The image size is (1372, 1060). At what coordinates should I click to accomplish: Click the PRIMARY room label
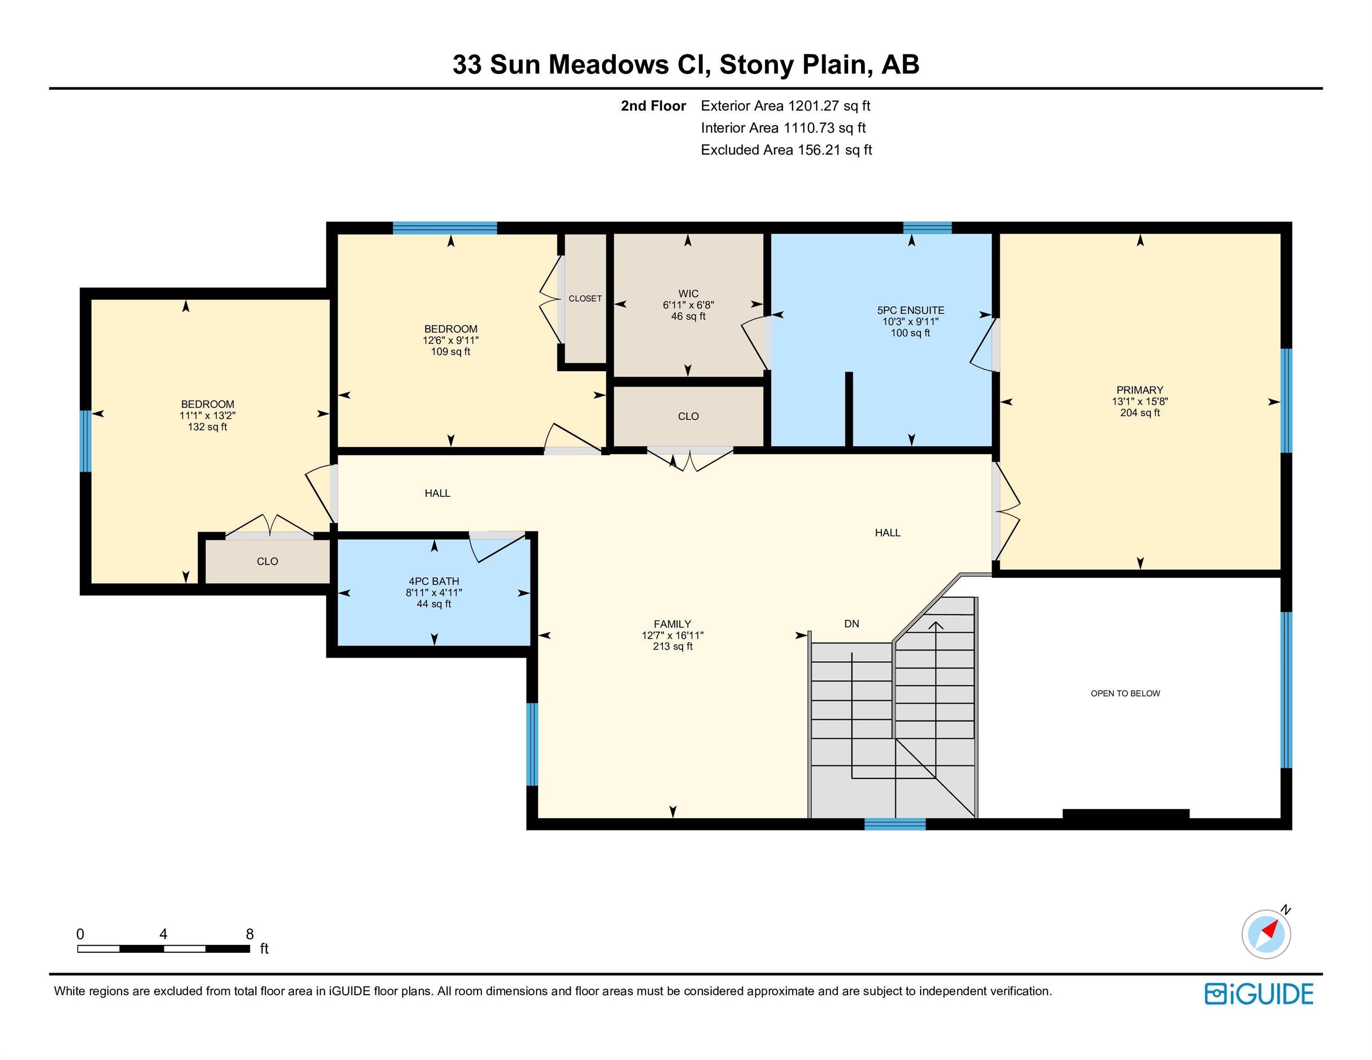coord(1139,390)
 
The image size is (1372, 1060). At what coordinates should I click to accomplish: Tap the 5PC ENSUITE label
coord(910,310)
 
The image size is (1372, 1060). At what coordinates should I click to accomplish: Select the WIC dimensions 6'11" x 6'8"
coord(688,305)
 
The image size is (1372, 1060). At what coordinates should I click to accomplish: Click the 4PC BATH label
coord(434,582)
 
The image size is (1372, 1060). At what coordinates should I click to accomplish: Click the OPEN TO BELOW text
coord(1124,693)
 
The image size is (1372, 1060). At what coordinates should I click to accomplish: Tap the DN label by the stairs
coord(851,623)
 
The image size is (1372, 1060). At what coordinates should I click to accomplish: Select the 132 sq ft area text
coord(207,427)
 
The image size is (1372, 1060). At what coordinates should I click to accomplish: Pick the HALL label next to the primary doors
coord(887,532)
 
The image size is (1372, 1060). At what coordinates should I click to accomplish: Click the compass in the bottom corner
coord(1266,934)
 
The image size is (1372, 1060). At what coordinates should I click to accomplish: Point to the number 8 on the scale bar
coord(249,934)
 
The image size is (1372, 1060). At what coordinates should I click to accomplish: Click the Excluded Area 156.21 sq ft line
coord(786,150)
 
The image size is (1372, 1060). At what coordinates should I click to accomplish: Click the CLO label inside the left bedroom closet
coord(267,561)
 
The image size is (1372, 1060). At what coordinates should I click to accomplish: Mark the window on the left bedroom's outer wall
coord(86,441)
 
